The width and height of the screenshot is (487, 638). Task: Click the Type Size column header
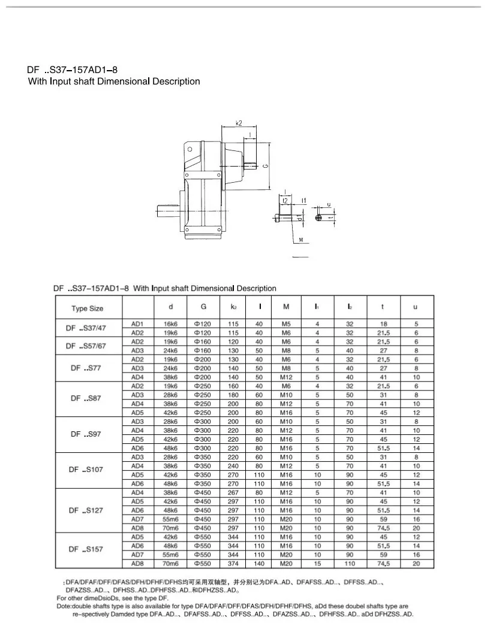click(x=88, y=309)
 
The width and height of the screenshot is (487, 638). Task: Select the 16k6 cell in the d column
click(x=171, y=324)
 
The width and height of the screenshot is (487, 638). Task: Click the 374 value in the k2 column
click(x=233, y=564)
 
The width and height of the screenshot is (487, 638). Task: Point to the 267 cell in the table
click(x=233, y=492)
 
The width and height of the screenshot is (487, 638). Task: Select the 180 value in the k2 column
click(x=233, y=395)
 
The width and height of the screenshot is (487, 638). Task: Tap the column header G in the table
click(x=204, y=307)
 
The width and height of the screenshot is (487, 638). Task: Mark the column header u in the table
click(x=415, y=307)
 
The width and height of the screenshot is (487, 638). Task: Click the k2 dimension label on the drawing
click(x=239, y=123)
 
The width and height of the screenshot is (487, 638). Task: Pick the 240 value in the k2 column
click(x=233, y=465)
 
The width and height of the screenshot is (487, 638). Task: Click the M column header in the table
click(x=287, y=307)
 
